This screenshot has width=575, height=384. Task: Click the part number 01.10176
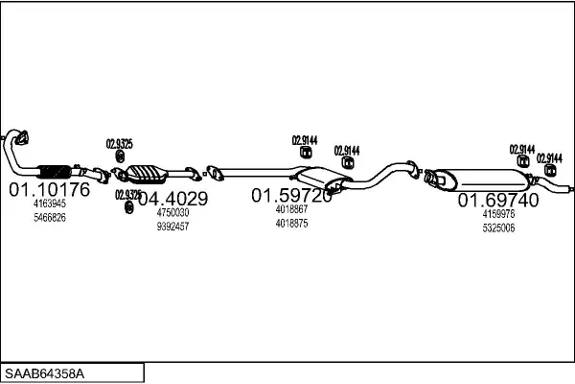click(49, 189)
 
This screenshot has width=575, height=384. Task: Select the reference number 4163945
click(50, 204)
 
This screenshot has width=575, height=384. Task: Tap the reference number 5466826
click(50, 218)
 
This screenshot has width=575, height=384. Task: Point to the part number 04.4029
click(172, 199)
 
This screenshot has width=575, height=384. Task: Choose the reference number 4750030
click(172, 212)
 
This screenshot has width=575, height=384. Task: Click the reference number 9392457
click(172, 227)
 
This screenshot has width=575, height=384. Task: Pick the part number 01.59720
click(291, 196)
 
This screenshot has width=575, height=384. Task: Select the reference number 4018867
click(291, 209)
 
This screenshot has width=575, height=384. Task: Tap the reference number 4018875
click(291, 224)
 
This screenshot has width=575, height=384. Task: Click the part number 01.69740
click(497, 200)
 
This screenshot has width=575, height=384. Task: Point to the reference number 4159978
click(498, 214)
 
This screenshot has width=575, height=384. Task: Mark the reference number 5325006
click(498, 228)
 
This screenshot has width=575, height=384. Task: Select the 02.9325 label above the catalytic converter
click(119, 144)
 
